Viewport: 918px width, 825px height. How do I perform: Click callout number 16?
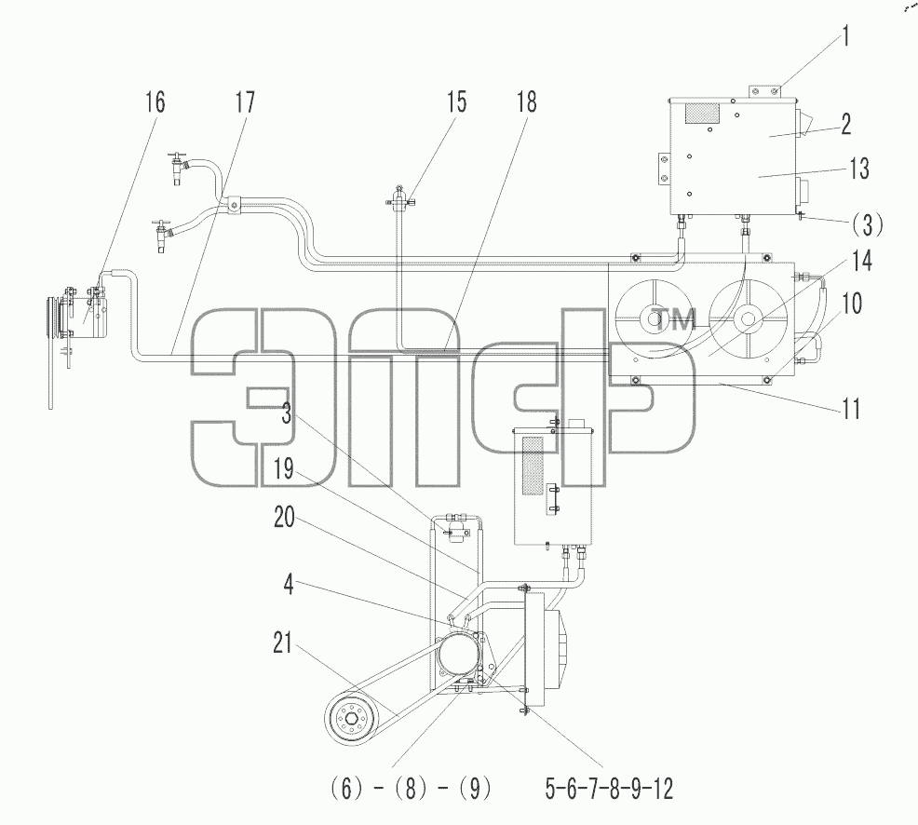[x=155, y=101]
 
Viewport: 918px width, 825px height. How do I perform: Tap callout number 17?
[x=245, y=101]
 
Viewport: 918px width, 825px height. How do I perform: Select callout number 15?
[x=456, y=101]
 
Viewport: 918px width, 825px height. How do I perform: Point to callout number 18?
[x=526, y=101]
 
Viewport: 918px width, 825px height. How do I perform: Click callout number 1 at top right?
[x=844, y=36]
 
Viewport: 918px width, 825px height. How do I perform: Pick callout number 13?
[x=858, y=169]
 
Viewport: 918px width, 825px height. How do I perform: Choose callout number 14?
[x=862, y=261]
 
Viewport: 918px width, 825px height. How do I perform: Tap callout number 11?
[x=851, y=408]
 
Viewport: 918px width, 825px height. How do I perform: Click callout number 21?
[x=283, y=642]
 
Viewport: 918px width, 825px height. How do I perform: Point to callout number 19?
[x=284, y=469]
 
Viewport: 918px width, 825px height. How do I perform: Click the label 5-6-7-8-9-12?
[x=610, y=789]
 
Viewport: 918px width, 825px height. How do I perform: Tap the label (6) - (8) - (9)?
[x=411, y=789]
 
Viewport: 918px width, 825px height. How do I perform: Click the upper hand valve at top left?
[x=178, y=167]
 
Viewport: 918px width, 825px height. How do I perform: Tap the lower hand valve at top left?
[x=162, y=236]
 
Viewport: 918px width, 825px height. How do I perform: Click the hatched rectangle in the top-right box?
[x=701, y=114]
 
